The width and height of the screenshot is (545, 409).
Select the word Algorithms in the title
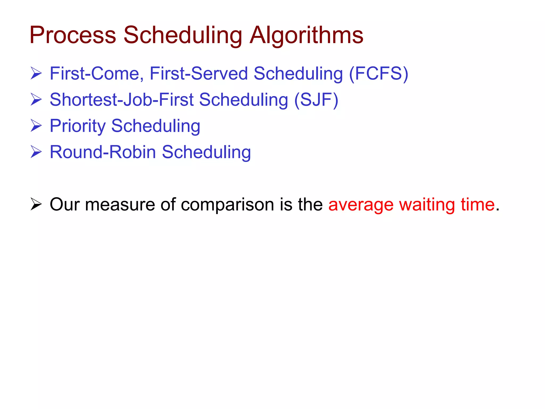306,35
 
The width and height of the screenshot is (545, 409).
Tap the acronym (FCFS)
378,73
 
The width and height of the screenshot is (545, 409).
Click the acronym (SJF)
316,100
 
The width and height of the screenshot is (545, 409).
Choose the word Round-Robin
103,152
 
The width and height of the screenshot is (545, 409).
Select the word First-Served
199,73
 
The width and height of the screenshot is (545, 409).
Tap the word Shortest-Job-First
122,100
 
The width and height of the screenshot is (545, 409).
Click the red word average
361,205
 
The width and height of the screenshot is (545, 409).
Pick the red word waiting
427,205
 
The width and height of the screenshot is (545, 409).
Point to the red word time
478,204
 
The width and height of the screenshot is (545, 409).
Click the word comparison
227,205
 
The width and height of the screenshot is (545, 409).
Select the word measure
120,205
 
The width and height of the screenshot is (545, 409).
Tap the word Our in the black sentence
65,204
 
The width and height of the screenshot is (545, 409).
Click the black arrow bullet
36,204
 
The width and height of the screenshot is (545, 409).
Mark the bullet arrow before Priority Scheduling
36,126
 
